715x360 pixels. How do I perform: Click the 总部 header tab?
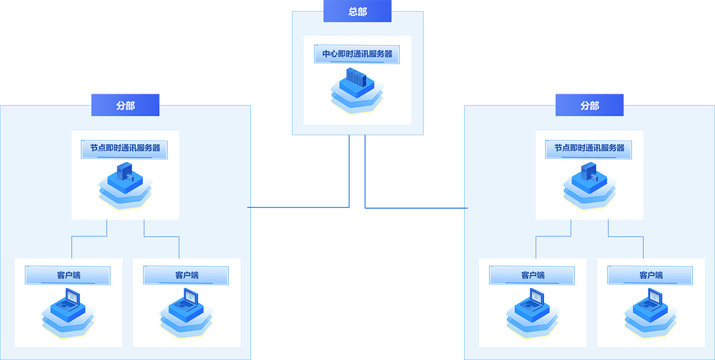(357, 11)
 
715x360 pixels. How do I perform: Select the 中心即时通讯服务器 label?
(357, 54)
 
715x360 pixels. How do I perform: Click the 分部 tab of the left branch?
(125, 105)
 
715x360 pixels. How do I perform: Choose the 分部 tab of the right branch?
(589, 105)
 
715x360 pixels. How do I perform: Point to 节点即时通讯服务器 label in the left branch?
(125, 148)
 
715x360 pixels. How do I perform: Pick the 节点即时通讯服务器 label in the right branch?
(589, 148)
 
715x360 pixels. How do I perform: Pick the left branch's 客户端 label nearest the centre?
(186, 275)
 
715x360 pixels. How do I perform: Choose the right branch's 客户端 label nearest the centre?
(532, 275)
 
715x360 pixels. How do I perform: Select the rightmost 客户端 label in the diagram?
(650, 275)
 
